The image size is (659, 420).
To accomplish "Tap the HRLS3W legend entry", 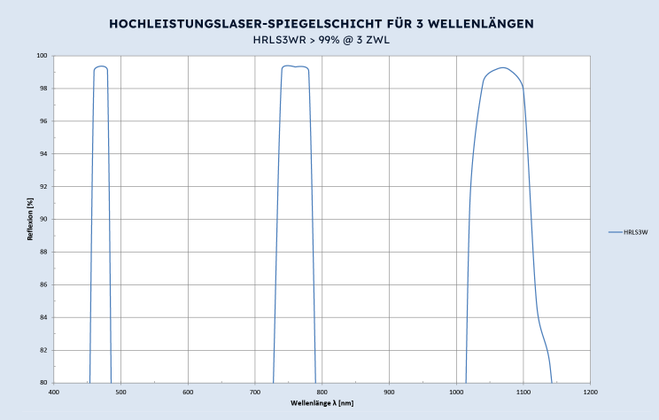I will (636, 232).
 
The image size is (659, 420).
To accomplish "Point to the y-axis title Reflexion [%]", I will (32, 219).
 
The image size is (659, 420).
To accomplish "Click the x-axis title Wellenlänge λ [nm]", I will (322, 403).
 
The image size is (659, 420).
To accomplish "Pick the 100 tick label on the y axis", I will (42, 56).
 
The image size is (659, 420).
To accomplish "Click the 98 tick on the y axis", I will (43, 89).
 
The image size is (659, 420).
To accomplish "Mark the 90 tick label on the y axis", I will (43, 219).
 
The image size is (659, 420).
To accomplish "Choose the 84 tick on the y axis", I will (43, 317).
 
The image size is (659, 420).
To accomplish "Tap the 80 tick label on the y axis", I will (43, 383).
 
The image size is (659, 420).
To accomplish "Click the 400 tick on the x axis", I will (54, 391).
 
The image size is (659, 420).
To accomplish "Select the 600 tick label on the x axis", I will (188, 391).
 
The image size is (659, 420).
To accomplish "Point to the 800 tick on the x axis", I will (322, 391).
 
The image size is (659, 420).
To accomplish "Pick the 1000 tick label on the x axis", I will (456, 391).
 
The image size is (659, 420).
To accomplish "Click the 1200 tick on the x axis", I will (590, 391).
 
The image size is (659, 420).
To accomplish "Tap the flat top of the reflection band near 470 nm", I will (101, 66).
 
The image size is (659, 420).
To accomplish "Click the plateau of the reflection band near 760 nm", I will (295, 66).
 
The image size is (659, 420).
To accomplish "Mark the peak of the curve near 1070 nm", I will (503, 67).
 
